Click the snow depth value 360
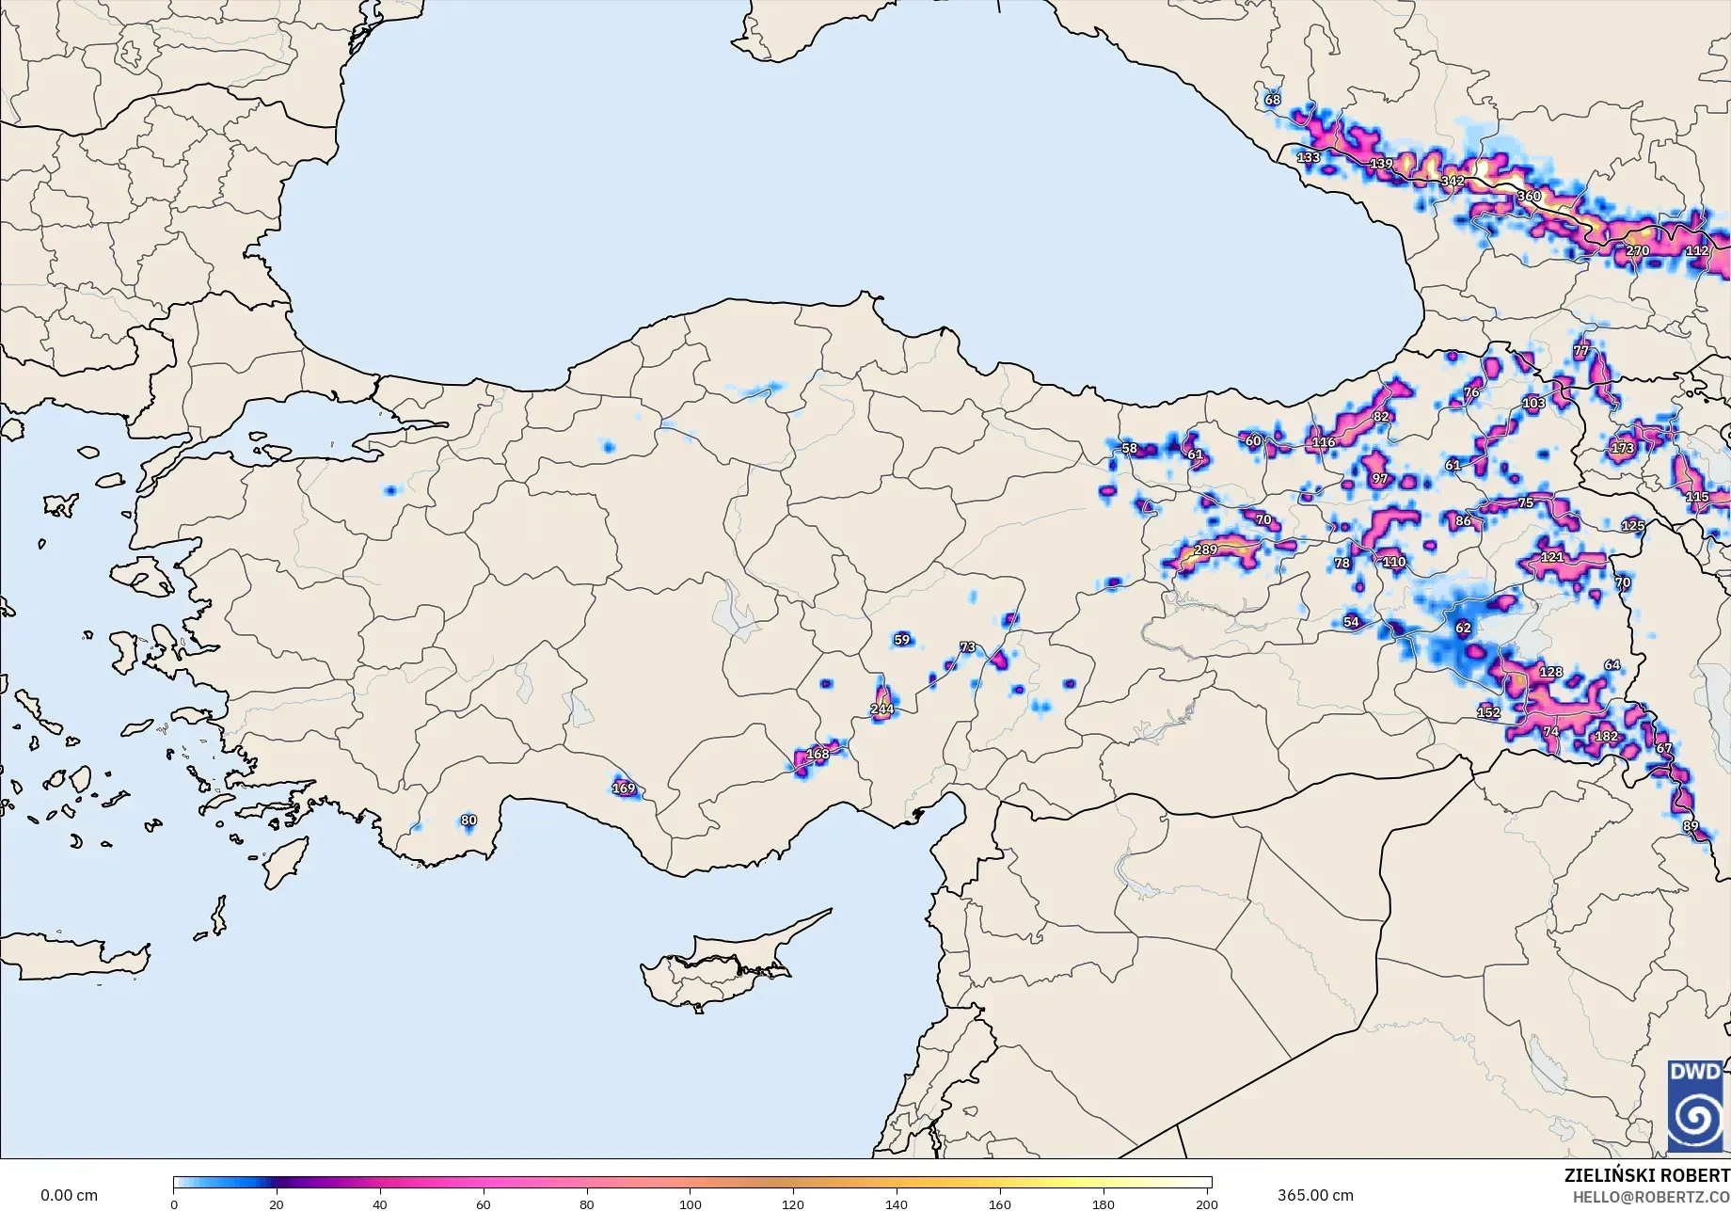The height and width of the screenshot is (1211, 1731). coord(1529,196)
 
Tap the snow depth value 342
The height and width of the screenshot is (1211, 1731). coord(1453,181)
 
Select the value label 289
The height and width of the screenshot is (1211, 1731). coord(1205,550)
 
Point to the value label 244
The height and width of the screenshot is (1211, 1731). coord(881,709)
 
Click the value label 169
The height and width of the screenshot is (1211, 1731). coord(624,789)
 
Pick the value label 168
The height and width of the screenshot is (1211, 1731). coord(818,754)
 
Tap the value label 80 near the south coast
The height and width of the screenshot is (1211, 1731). coord(468,821)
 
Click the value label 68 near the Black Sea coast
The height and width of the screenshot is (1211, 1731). coord(1273,100)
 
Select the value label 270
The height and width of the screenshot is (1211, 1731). coord(1637,251)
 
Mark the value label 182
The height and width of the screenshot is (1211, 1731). coord(1607,736)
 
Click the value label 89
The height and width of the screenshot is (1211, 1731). coord(1691,826)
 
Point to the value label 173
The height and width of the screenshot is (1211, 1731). coord(1622,448)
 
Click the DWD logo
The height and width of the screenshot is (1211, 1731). coord(1695,1106)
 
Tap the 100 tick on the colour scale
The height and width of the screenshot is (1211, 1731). coord(691,1204)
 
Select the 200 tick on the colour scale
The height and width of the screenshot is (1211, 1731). coord(1206,1204)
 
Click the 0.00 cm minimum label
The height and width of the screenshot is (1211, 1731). coord(69,1195)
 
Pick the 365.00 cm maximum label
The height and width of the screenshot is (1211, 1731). coord(1315,1195)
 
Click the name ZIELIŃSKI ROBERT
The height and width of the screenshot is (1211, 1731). coord(1645,1175)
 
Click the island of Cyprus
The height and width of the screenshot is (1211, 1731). coord(715,964)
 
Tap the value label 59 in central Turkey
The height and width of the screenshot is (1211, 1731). coord(902,640)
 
